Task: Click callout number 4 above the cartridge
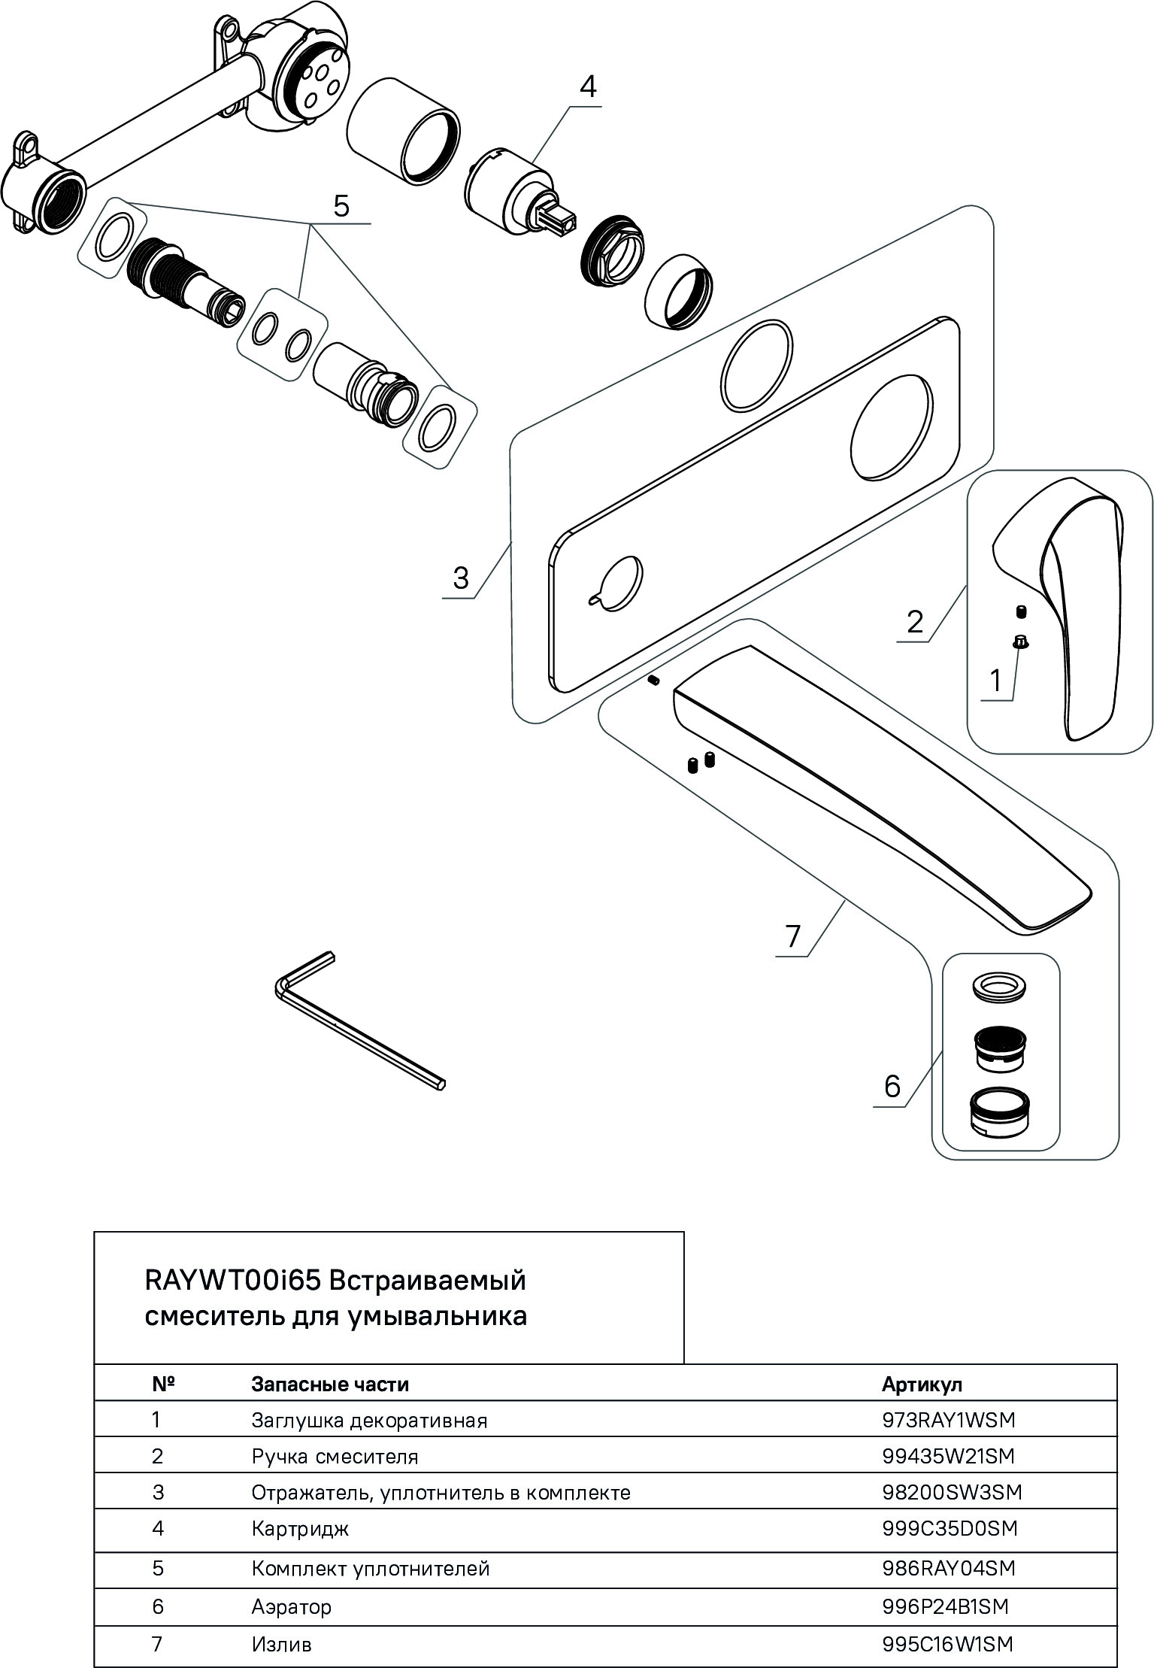tap(587, 87)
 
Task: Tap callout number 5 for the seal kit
tap(341, 205)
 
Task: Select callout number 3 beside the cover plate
tap(460, 578)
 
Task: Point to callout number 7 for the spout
tap(793, 936)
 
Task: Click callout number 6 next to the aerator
tap(892, 1086)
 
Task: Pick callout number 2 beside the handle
tap(914, 622)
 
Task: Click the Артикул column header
tap(922, 1384)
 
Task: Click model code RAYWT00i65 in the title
tap(233, 1279)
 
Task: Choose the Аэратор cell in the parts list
tap(291, 1607)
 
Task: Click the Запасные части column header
tap(330, 1384)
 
